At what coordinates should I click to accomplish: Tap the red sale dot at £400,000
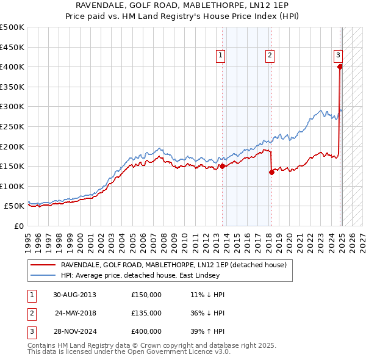pyautogui.click(x=340, y=67)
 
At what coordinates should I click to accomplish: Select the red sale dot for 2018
pyautogui.click(x=271, y=172)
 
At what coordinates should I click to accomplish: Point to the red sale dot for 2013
pyautogui.click(x=222, y=166)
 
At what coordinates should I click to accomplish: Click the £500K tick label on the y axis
pyautogui.click(x=12, y=27)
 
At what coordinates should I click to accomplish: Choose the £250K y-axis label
pyautogui.click(x=12, y=126)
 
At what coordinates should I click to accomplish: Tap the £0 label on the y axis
pyautogui.click(x=19, y=226)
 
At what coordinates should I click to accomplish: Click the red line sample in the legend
pyautogui.click(x=43, y=264)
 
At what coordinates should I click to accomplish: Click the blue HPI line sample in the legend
pyautogui.click(x=43, y=275)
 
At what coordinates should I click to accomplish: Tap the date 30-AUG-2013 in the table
pyautogui.click(x=74, y=294)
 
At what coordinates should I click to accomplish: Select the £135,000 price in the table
pyautogui.click(x=146, y=313)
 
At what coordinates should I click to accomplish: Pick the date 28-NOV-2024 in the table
pyautogui.click(x=74, y=332)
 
